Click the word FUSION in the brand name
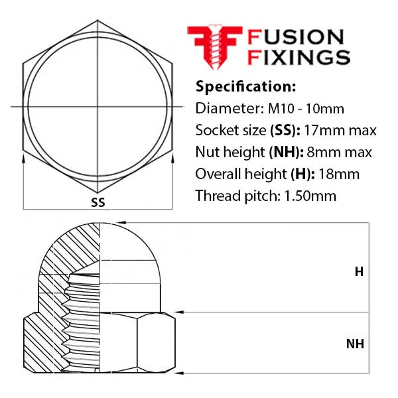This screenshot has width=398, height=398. click(x=296, y=37)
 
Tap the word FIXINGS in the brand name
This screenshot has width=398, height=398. click(x=298, y=57)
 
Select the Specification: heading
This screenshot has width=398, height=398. click(x=245, y=86)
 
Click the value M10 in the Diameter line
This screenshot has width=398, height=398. click(x=281, y=109)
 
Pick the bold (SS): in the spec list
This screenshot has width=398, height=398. click(x=285, y=131)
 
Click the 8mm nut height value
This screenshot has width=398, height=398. click(x=322, y=153)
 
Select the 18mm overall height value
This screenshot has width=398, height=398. click(x=339, y=174)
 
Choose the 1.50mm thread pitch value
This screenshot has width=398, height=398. click(x=310, y=196)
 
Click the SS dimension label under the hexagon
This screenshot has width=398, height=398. click(x=98, y=202)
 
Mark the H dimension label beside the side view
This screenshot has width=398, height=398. click(x=359, y=272)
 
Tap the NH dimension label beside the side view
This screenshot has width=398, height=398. click(x=355, y=344)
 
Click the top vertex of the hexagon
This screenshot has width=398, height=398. click(x=98, y=21)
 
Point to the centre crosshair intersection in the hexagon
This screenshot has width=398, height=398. click(x=98, y=107)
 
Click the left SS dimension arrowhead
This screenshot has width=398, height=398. click(x=23, y=158)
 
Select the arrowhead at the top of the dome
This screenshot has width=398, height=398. click(x=121, y=223)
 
